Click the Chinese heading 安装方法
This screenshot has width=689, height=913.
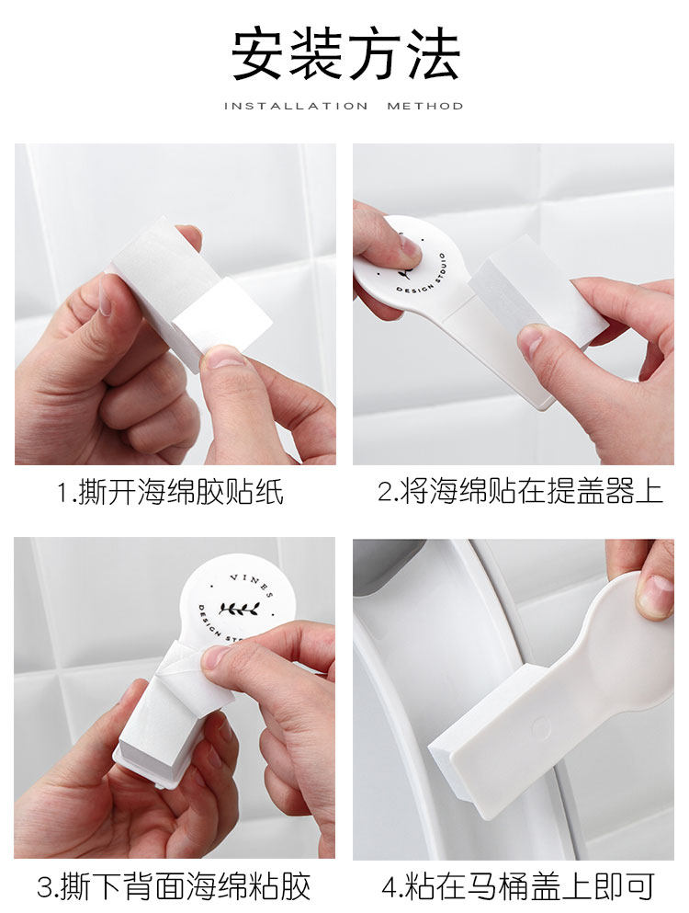(345, 55)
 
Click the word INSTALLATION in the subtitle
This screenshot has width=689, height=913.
(296, 106)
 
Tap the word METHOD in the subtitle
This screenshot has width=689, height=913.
(424, 106)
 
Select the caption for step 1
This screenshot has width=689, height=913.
(170, 492)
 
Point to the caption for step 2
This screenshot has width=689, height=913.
(520, 492)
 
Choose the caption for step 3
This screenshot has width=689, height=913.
(174, 886)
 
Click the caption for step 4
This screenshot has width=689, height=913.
(518, 886)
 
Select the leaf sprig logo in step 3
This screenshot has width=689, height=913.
(239, 609)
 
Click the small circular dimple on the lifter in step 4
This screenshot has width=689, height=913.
(540, 726)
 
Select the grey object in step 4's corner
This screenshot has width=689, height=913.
(389, 564)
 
